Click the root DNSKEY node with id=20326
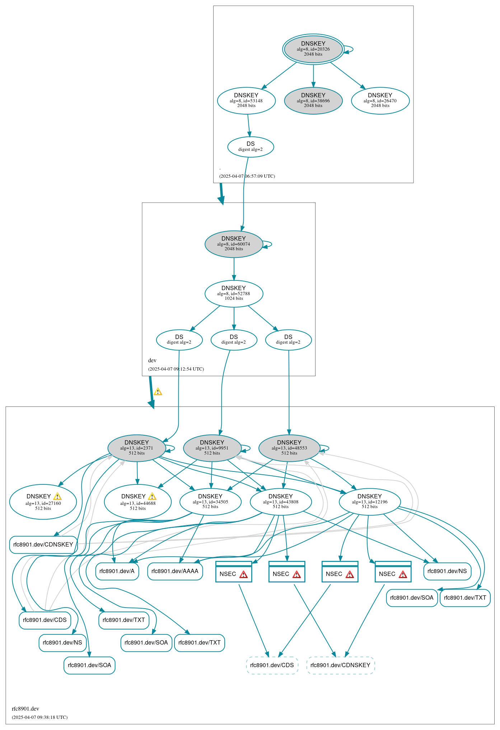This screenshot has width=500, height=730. [x=313, y=49]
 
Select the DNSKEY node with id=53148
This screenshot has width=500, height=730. [x=246, y=101]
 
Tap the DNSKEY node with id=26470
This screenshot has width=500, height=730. [x=380, y=101]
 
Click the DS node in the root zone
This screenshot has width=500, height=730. [x=251, y=147]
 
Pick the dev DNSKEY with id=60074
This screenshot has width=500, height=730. [x=234, y=244]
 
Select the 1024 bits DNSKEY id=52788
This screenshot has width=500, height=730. [x=234, y=293]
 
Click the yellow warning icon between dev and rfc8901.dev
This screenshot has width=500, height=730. [x=158, y=392]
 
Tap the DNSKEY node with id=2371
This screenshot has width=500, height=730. [x=136, y=448]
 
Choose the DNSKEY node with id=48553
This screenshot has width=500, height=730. [x=289, y=448]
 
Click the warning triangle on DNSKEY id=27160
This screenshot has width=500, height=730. [x=57, y=497]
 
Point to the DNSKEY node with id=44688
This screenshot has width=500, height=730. [x=138, y=502]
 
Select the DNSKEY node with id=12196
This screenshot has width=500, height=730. [x=370, y=502]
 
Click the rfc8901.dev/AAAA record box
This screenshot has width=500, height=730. [x=175, y=571]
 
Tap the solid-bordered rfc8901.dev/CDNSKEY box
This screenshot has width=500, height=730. [x=43, y=544]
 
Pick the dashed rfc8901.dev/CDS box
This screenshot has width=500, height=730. [x=272, y=665]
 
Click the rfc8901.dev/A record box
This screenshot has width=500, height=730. [x=117, y=571]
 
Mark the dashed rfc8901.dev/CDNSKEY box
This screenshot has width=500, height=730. [x=340, y=665]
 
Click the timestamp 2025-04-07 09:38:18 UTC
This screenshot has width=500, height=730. [x=39, y=717]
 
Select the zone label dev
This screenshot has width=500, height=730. [x=152, y=361]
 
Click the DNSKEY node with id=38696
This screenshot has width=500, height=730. [x=313, y=101]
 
